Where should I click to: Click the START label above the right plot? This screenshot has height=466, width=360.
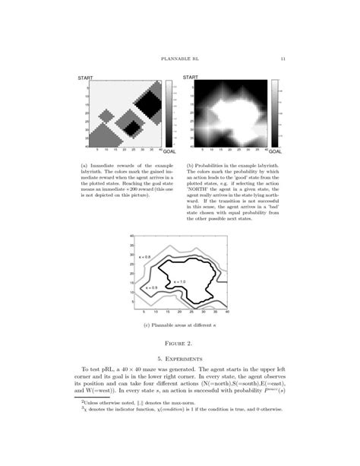click(191, 78)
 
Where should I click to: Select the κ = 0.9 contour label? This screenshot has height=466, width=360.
click(149, 288)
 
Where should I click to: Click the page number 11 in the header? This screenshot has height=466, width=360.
click(283, 60)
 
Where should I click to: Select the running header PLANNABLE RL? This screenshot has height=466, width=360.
click(180, 60)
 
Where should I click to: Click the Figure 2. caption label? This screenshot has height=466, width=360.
click(180, 344)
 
